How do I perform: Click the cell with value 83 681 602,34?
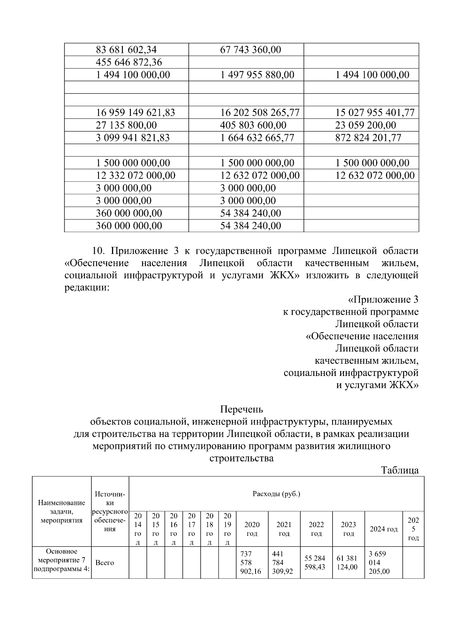click(127, 50)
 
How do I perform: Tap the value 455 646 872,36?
click(129, 62)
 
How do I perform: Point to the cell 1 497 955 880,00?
click(257, 75)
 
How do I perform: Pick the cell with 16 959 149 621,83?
click(136, 112)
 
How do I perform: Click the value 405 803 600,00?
click(253, 125)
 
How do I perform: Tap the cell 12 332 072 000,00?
click(136, 175)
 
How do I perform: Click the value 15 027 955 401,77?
click(375, 112)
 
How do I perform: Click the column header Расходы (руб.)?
click(276, 494)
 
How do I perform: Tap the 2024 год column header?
click(383, 529)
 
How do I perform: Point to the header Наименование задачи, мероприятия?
click(62, 512)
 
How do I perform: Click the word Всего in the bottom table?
click(105, 563)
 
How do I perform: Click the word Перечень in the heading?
click(241, 409)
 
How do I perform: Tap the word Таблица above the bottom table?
click(400, 470)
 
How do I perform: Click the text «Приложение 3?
click(383, 300)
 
